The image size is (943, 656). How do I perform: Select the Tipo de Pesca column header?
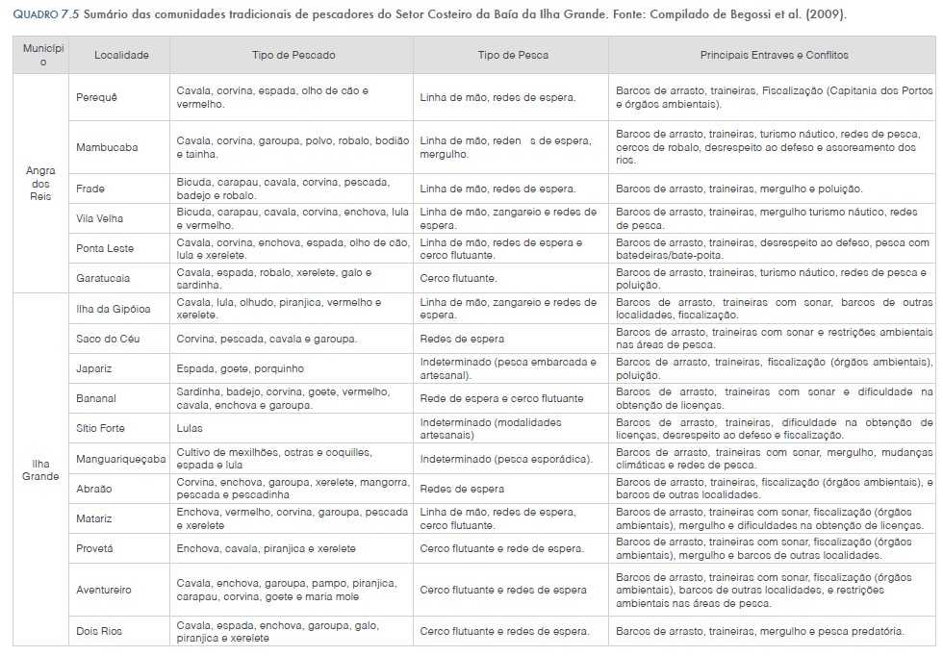coord(513,55)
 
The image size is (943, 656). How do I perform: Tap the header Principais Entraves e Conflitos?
coord(774,55)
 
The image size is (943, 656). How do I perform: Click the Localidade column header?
coord(121,55)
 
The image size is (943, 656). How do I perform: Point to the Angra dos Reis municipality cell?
coord(40,183)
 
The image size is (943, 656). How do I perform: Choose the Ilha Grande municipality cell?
coord(40,469)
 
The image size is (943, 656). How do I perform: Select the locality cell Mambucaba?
coord(107,147)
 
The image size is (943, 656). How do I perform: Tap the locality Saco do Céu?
coord(108,339)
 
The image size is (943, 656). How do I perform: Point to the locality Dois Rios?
coord(99,631)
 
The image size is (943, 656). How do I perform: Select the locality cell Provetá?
coord(95,548)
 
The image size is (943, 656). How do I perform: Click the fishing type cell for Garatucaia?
coord(458,278)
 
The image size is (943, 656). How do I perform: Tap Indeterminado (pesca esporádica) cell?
coord(506,459)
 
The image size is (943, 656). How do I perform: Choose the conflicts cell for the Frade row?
coord(739,189)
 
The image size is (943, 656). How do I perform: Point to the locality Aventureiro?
coord(104,590)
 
